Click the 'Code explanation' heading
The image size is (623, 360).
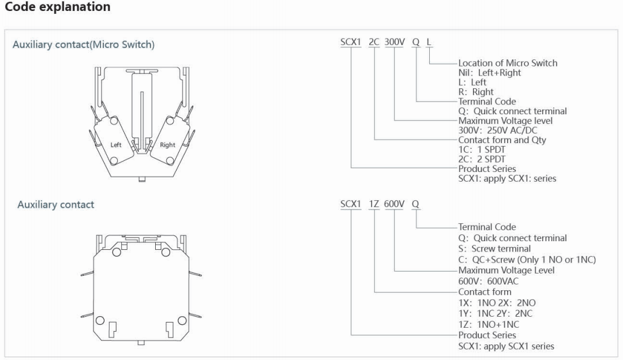click(x=57, y=7)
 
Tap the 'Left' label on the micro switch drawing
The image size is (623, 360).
click(x=116, y=145)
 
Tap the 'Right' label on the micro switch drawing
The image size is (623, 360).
click(x=167, y=145)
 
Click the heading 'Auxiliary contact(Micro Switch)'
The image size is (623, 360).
click(x=84, y=44)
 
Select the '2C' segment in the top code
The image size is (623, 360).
click(x=374, y=43)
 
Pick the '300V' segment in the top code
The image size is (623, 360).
click(x=395, y=43)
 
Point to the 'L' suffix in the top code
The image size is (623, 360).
click(x=428, y=43)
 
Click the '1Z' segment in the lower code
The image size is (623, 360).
click(x=374, y=204)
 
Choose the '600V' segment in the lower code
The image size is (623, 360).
click(x=395, y=204)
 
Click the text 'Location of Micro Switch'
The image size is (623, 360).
click(x=508, y=63)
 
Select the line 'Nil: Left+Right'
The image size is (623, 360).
click(x=489, y=73)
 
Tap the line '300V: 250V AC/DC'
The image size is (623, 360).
click(x=497, y=130)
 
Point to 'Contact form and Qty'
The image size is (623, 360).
click(x=502, y=140)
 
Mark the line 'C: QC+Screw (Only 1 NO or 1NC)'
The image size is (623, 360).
click(x=527, y=260)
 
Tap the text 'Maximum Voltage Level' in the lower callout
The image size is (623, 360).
click(x=506, y=270)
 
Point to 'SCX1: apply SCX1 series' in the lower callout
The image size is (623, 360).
click(x=506, y=346)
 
